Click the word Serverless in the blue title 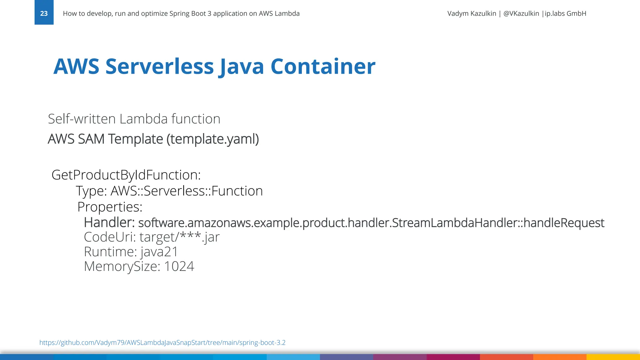160,67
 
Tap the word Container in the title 323,67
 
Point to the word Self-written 82,119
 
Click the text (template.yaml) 212,139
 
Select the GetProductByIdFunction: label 126,175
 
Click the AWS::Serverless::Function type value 187,191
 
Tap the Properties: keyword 110,207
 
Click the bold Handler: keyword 109,223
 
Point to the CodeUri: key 110,237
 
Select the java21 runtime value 159,252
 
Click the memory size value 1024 179,267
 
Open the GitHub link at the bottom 162,342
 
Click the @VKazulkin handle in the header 521,13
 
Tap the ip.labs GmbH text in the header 565,13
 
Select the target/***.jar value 179,237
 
